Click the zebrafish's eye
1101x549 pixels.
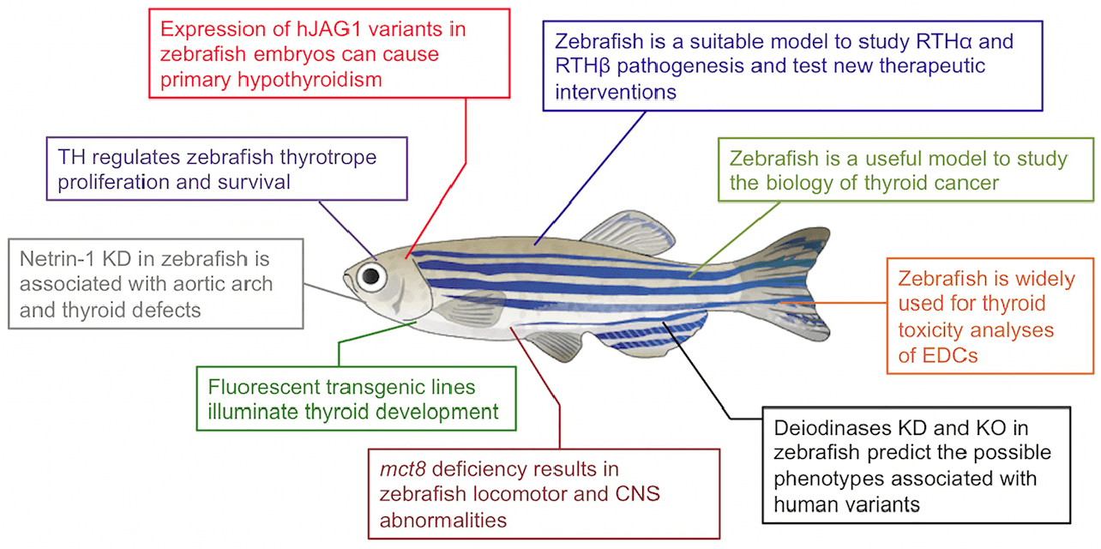point(370,275)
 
